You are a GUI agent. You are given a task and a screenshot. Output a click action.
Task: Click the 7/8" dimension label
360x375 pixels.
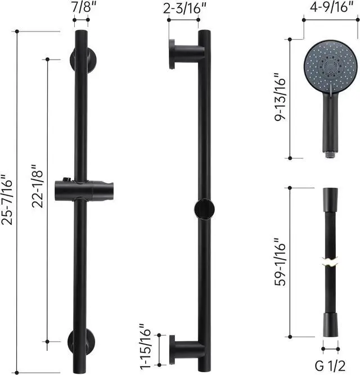click(x=83, y=7)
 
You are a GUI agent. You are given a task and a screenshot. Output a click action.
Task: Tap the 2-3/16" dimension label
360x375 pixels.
click(x=184, y=8)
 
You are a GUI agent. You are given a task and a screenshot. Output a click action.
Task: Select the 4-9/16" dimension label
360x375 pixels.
click(x=331, y=7)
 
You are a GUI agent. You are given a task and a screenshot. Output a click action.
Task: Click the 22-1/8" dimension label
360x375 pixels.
click(x=37, y=186)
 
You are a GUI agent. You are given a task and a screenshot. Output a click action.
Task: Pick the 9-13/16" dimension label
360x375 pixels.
click(x=280, y=97)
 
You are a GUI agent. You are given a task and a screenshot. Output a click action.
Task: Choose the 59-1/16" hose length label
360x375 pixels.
click(x=280, y=262)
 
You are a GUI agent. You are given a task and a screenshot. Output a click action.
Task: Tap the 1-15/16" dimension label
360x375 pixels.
click(x=145, y=347)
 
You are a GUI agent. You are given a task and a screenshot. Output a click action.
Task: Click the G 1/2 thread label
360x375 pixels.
click(x=330, y=365)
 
